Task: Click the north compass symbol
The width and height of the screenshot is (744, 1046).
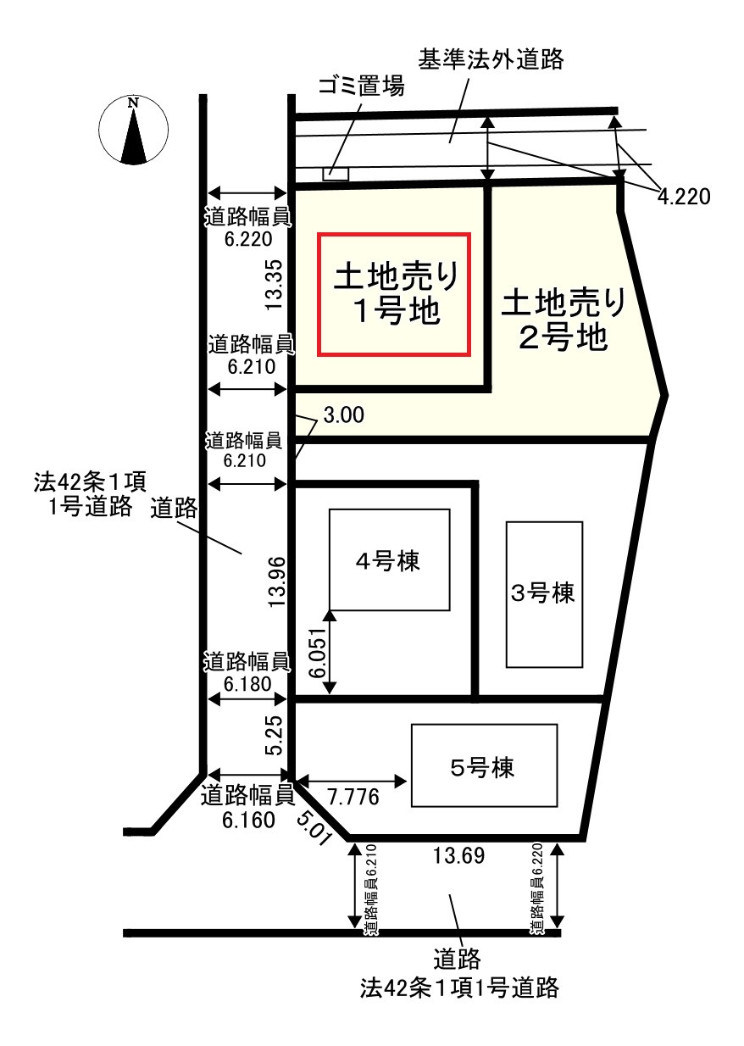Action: click(133, 131)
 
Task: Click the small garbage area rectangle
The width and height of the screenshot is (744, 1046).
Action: click(336, 174)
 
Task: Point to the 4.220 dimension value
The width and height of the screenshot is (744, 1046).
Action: click(683, 197)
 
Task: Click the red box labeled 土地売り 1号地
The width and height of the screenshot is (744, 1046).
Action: click(393, 293)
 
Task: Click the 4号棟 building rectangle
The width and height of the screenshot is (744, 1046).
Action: click(390, 559)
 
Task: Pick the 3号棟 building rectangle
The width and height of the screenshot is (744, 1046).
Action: click(544, 593)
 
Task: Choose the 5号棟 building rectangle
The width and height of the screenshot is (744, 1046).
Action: click(484, 765)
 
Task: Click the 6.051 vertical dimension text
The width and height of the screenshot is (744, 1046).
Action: click(317, 653)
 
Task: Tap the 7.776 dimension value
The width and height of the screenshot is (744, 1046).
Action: click(353, 798)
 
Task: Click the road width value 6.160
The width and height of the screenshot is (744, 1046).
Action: click(249, 820)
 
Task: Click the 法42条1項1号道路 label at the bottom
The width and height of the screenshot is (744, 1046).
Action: click(459, 987)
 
